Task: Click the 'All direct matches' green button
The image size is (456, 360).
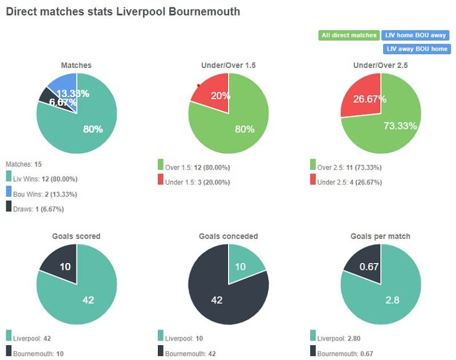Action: [349, 35]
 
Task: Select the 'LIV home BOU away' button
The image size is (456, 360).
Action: [416, 35]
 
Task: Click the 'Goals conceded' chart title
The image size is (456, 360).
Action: [228, 236]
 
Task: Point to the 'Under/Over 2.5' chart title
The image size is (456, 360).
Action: [381, 65]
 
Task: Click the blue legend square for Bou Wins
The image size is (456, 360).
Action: [9, 193]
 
